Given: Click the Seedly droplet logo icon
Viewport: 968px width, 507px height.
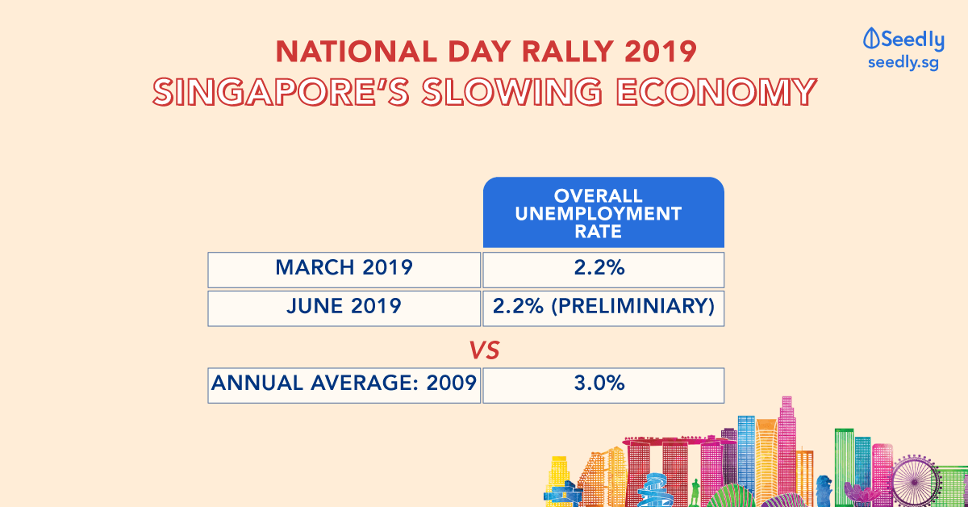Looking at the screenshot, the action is pos(871,38).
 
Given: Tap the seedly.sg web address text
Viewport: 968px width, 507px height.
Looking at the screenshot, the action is pos(903,63).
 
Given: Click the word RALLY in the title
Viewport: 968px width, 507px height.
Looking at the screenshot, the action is pos(566,52).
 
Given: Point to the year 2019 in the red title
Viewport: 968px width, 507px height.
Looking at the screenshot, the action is pos(661,52).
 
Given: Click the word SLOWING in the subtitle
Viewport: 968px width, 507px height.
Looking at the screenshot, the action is pos(511,92).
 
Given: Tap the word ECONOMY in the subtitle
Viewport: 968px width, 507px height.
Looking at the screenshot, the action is pos(716,92).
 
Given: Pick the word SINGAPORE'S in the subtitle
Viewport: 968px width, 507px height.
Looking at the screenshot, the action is pos(281,92).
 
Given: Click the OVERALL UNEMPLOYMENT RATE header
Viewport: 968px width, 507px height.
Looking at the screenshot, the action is pos(599,214).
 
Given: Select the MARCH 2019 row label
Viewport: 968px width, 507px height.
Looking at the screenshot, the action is pos(344,267).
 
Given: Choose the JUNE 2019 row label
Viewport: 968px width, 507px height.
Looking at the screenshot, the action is pos(344,306).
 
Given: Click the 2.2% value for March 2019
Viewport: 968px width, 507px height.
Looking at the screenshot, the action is pos(599,267).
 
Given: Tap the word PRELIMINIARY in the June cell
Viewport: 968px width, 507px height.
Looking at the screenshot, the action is pos(633,306).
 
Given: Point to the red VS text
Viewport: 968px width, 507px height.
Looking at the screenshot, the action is pos(485,350).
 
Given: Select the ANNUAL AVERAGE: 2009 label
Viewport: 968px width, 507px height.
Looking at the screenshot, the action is pos(344,383).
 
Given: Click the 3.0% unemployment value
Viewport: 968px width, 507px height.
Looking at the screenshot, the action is pos(599,383).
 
